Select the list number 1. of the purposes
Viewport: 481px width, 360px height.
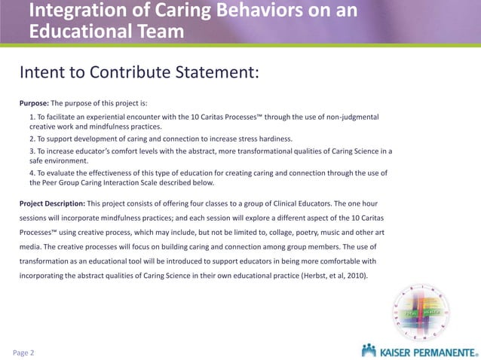coord(32,117)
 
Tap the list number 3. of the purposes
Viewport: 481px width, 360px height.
coord(32,151)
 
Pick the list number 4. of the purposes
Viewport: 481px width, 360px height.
coord(32,172)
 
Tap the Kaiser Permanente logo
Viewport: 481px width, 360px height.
coord(419,350)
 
